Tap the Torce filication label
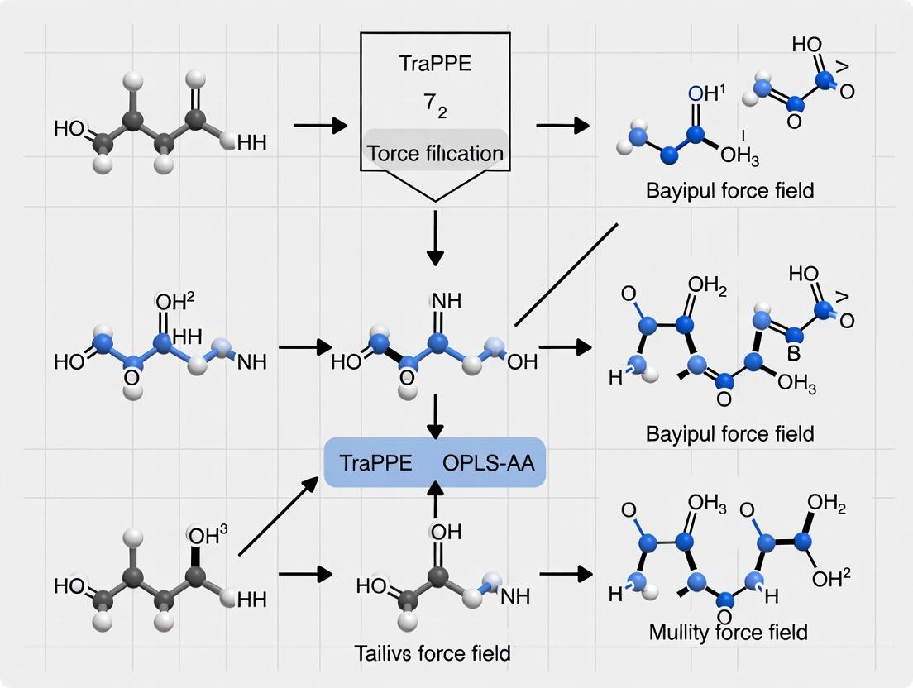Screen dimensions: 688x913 (x=435, y=153)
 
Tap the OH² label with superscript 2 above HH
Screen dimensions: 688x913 (x=173, y=300)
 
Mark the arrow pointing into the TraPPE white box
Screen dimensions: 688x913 (x=318, y=126)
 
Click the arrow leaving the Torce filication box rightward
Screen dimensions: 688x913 (x=562, y=126)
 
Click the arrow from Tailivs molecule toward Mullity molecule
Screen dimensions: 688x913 (x=566, y=572)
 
